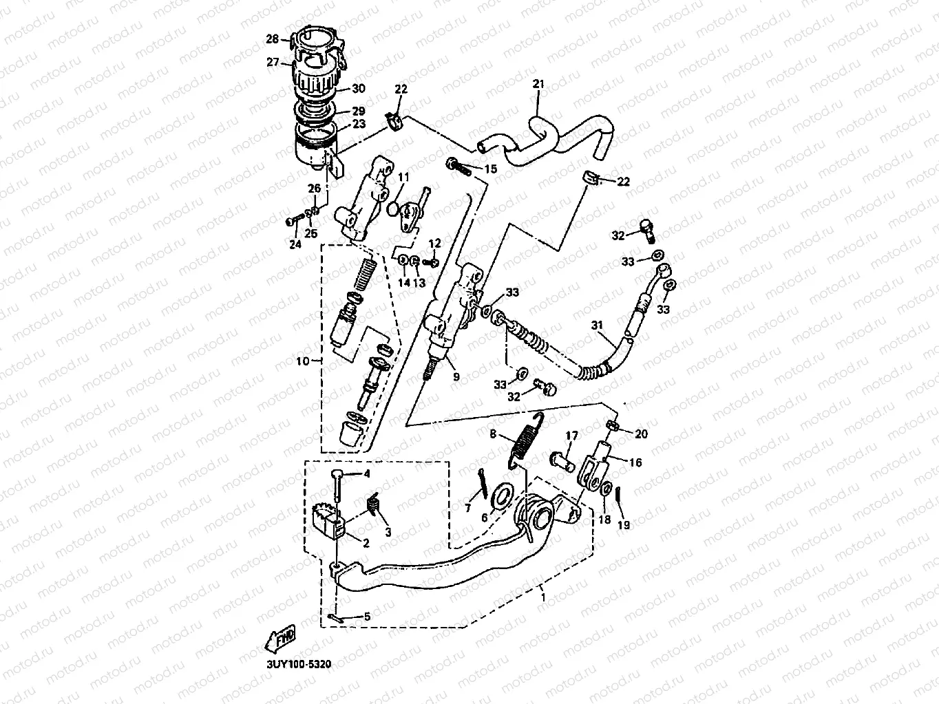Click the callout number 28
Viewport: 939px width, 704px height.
point(272,40)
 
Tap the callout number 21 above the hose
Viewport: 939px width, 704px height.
point(538,85)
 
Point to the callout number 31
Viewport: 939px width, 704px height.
point(596,325)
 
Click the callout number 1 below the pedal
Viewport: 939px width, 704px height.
point(544,598)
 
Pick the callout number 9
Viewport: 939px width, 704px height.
point(455,376)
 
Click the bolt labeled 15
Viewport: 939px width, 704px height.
point(457,165)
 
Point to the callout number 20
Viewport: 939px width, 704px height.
point(642,434)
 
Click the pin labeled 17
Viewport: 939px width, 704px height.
point(562,458)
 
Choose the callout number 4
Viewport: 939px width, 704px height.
point(367,473)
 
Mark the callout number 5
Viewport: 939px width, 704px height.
point(367,617)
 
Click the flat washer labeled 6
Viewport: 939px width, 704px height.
point(502,494)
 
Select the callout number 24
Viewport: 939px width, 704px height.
point(295,244)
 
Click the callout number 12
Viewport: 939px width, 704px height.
point(434,244)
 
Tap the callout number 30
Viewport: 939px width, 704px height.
point(359,89)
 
